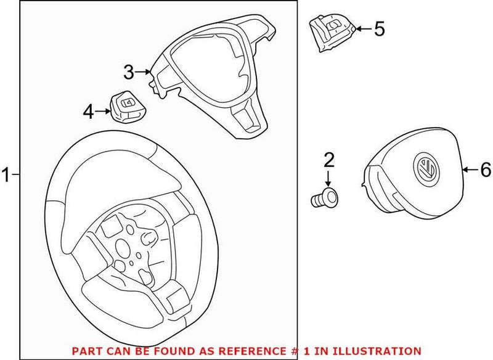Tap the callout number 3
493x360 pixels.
[128, 73]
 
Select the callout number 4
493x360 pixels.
[89, 112]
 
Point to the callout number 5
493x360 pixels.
[380, 28]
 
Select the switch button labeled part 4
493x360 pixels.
[128, 106]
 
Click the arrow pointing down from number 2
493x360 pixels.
[329, 181]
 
